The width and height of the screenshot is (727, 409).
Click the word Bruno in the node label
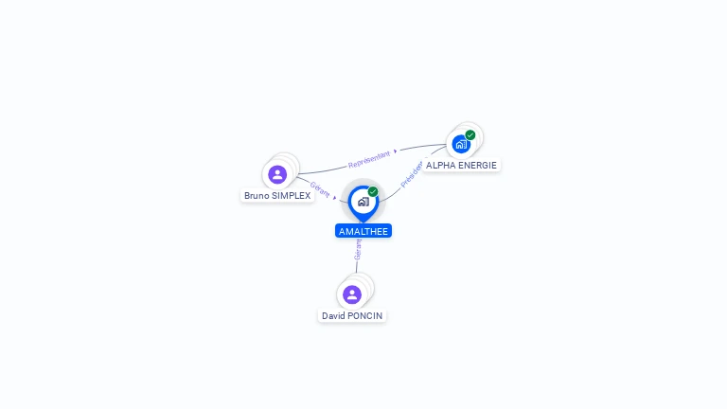tap(256, 196)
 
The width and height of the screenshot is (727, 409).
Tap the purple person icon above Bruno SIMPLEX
tap(277, 174)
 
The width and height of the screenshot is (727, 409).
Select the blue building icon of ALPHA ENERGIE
tap(460, 145)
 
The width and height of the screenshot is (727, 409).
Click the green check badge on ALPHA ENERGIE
tap(470, 135)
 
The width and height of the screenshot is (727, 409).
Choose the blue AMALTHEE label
tap(363, 231)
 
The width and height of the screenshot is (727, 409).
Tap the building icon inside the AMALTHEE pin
tap(363, 201)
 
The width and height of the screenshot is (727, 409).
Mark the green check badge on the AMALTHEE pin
tap(373, 192)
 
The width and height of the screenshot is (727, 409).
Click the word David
tap(333, 315)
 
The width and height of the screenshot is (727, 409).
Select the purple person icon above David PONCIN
tap(352, 294)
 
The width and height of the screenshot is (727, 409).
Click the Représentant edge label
tap(368, 157)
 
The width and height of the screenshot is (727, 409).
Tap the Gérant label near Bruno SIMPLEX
tap(320, 188)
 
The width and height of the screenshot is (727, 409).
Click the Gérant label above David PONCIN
tap(358, 250)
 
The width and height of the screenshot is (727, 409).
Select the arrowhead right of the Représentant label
tap(396, 150)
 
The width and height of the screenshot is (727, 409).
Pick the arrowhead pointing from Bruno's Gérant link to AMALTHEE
tap(336, 199)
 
